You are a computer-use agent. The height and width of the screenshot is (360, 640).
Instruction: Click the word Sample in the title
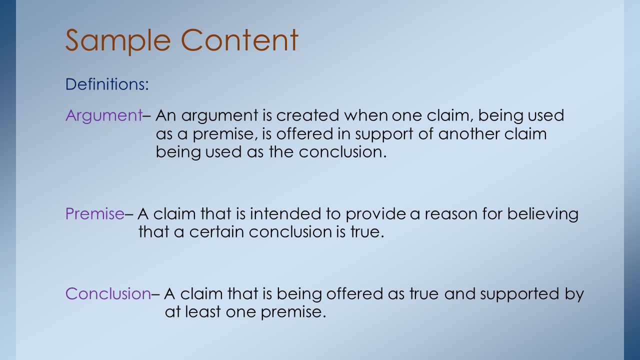(118, 41)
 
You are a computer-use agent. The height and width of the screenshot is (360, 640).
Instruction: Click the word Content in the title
(239, 40)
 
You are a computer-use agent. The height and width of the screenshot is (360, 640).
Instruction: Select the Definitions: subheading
(107, 84)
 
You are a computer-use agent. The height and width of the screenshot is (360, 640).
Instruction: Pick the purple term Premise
(95, 213)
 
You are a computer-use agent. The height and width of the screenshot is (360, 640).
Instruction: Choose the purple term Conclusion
(108, 293)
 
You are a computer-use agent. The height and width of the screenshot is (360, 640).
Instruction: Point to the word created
(307, 115)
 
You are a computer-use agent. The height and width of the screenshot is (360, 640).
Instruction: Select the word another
(469, 133)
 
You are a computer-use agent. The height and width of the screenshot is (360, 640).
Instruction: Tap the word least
(203, 311)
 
